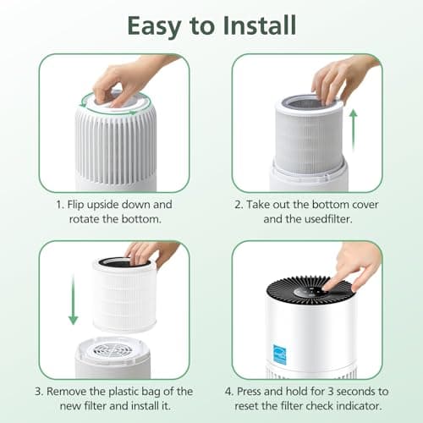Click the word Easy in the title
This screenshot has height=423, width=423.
159,25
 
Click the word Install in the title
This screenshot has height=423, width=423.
253,25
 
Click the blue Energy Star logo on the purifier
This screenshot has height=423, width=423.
340,347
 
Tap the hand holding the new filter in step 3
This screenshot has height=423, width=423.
152,251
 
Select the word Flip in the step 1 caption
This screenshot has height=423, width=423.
79,205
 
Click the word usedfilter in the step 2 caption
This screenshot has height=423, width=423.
325,220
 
